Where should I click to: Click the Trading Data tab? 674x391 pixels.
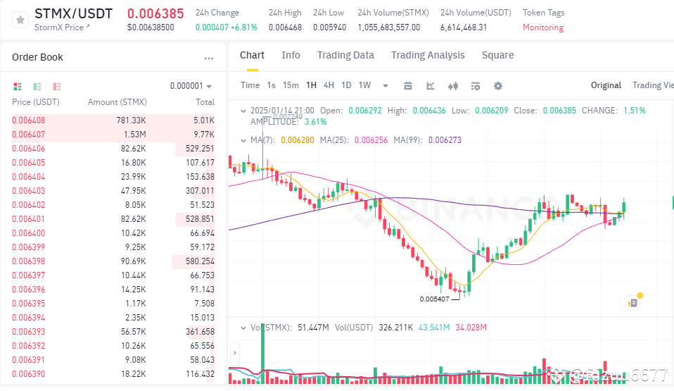[345, 55]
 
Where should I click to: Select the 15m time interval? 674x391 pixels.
[291, 85]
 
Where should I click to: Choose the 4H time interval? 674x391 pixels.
[329, 85]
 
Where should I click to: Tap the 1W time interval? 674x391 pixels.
[364, 85]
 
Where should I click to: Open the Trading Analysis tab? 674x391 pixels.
[428, 55]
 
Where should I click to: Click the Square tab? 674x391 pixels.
[497, 55]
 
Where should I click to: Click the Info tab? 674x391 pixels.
[291, 55]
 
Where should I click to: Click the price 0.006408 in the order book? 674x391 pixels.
[29, 120]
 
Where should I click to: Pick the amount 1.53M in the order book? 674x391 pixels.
[134, 134]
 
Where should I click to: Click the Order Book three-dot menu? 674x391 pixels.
[208, 58]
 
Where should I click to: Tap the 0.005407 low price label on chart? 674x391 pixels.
[435, 299]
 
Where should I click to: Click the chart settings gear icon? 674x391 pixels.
[498, 86]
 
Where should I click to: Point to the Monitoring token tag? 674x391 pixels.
[542, 27]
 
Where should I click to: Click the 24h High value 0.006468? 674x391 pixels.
[285, 27]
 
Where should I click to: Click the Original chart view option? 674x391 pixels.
[606, 85]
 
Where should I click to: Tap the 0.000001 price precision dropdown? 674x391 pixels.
[191, 86]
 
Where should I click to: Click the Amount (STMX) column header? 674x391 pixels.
[117, 103]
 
